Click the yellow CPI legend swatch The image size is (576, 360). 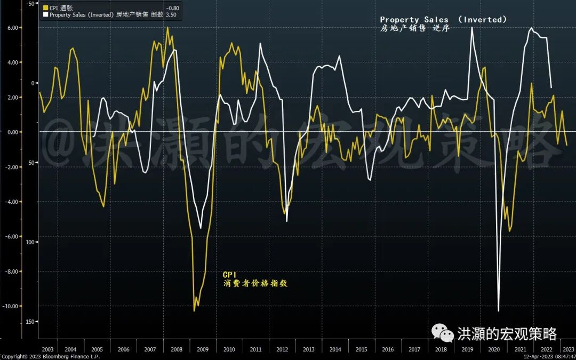click(x=45, y=7)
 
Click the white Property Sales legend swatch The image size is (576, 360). click(x=45, y=15)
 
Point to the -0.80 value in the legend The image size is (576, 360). click(x=173, y=7)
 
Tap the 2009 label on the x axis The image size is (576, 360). click(x=203, y=349)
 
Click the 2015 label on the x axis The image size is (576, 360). click(x=362, y=349)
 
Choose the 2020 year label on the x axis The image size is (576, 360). click(x=494, y=349)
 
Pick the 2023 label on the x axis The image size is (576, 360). click(x=568, y=349)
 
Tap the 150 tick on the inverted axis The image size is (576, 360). click(x=29, y=322)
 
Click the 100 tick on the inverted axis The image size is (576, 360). click(x=29, y=242)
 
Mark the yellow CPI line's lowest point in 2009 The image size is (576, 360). click(x=194, y=311)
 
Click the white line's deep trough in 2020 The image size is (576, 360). click(x=499, y=311)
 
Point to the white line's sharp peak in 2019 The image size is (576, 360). click(x=472, y=27)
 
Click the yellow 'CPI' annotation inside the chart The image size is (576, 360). click(x=230, y=275)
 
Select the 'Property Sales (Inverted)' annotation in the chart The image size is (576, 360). click(x=443, y=20)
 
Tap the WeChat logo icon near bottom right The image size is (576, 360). click(x=443, y=333)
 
